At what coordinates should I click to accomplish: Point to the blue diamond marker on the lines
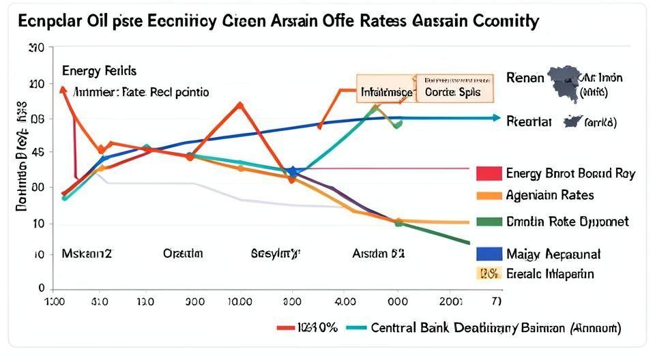coord(292,172)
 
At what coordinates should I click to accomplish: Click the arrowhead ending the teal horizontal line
coord(496,118)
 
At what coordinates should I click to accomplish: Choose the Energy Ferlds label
coord(99,71)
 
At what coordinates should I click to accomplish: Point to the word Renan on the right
coord(525,78)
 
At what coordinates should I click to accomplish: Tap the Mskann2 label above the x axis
coord(87,254)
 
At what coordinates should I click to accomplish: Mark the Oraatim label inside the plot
coord(183,254)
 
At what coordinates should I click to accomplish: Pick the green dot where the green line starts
coord(398,223)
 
